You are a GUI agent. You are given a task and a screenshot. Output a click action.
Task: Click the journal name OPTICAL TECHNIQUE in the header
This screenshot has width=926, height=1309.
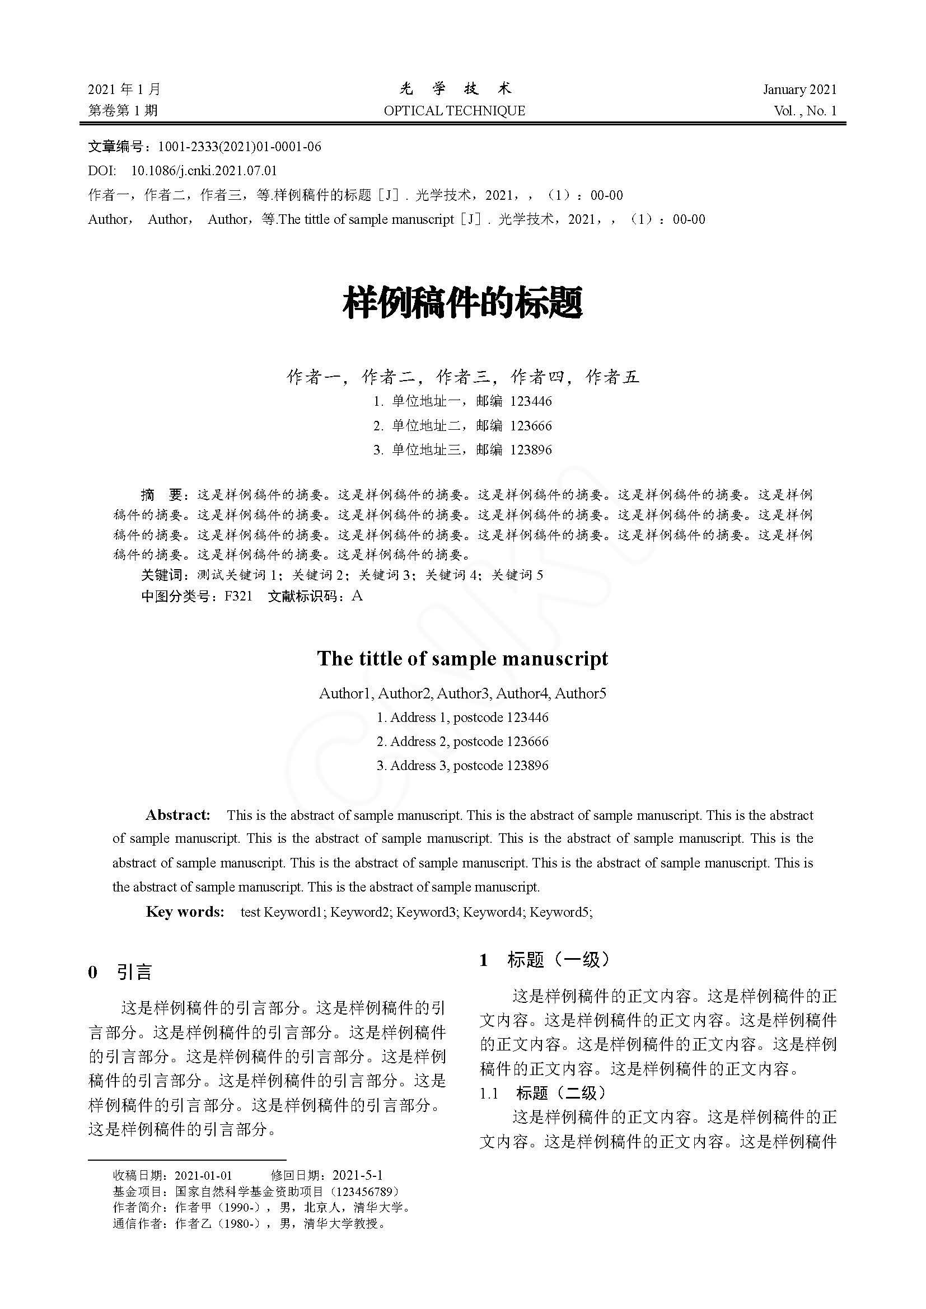click(x=454, y=111)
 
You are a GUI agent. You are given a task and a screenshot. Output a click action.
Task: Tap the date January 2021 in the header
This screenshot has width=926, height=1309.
click(x=799, y=90)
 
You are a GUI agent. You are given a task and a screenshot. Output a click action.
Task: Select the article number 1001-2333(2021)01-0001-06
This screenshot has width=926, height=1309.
click(x=240, y=147)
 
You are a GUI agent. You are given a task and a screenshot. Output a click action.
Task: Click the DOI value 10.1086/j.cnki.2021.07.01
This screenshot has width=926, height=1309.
click(x=204, y=171)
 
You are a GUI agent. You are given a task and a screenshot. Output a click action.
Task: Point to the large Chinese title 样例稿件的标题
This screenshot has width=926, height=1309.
click(x=462, y=303)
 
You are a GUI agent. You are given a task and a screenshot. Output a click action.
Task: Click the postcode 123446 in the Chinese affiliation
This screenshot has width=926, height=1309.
click(x=531, y=401)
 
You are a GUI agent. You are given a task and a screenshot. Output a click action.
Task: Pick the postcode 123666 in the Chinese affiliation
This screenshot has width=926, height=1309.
click(x=531, y=426)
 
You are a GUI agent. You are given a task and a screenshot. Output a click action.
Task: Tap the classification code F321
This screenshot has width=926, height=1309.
click(x=238, y=597)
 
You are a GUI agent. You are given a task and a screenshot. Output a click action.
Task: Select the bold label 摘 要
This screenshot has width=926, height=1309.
click(x=161, y=495)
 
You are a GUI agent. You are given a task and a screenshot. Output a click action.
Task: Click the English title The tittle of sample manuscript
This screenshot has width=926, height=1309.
click(x=462, y=659)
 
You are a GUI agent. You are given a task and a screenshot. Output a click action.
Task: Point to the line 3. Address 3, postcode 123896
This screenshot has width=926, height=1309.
click(x=462, y=766)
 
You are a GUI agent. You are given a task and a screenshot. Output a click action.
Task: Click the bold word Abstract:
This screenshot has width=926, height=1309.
click(x=178, y=815)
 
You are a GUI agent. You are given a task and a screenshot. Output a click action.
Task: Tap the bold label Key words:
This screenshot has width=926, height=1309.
click(x=185, y=912)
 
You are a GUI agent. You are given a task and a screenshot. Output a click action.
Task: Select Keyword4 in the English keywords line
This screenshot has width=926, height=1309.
click(x=493, y=912)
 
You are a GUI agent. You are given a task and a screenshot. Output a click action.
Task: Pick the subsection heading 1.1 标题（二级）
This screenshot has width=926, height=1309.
click(x=542, y=1093)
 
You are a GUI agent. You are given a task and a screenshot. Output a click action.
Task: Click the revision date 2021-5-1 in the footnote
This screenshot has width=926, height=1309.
click(x=358, y=1175)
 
